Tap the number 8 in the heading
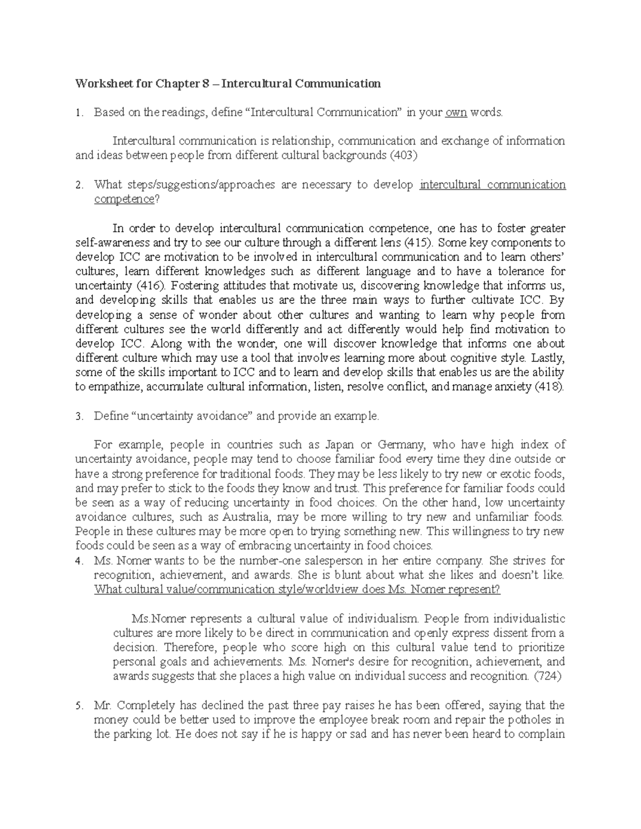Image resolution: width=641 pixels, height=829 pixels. point(201,84)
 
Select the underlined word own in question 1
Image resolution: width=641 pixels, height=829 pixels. point(456,113)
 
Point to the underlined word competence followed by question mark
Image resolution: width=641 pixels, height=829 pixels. point(123,200)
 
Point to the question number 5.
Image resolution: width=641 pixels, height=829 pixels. point(79,706)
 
